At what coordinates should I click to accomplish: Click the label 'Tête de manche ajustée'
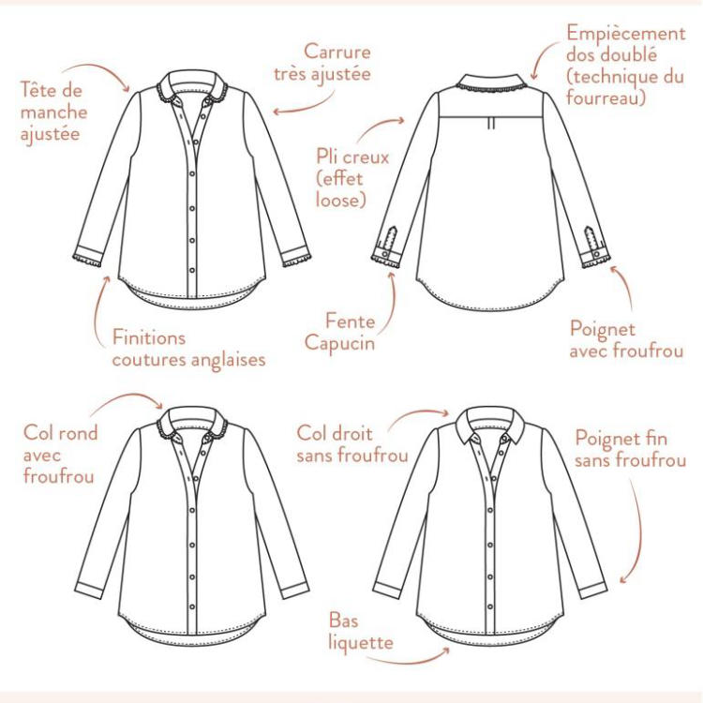pos(53,112)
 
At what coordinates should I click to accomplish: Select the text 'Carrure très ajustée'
pos(322,63)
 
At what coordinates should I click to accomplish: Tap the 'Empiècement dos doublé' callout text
pos(625,44)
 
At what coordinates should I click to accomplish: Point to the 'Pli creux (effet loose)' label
pos(352,178)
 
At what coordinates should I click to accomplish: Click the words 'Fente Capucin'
pos(339,332)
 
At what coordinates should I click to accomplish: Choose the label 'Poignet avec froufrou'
pos(626,339)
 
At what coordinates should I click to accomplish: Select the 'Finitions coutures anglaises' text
pos(188,349)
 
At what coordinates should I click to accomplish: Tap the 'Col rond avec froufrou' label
pos(60,455)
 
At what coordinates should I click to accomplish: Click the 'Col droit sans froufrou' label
pos(352,444)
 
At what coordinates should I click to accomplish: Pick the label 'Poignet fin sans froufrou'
pos(631,449)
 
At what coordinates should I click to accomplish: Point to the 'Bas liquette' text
pos(361,631)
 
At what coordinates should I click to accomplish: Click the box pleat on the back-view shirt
pos(491,124)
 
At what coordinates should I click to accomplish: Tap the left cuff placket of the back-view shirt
pos(389,238)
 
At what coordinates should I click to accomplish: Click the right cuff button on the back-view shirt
pos(597,255)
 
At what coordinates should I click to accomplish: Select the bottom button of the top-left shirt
pos(192,270)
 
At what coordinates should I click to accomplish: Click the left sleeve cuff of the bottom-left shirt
pos(89,590)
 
